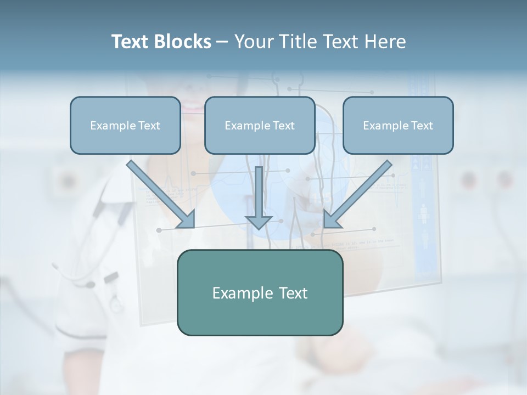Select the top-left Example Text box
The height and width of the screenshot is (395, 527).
click(125, 125)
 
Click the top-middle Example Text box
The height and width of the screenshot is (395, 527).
click(260, 125)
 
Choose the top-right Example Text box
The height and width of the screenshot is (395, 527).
click(398, 125)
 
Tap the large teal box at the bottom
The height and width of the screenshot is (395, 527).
click(260, 292)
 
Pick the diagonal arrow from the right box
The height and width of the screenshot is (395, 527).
click(360, 192)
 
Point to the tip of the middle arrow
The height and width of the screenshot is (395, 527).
click(259, 227)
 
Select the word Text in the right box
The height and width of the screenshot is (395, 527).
click(422, 126)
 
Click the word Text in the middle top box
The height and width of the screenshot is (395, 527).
click(283, 126)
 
